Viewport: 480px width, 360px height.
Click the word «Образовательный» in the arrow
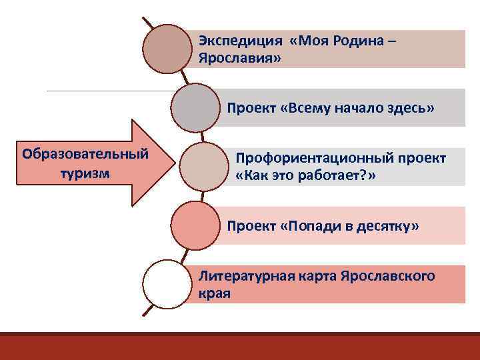[x=85, y=154]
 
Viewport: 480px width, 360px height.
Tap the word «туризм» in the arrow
[x=84, y=172]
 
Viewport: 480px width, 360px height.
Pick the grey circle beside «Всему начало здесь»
[x=195, y=107]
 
